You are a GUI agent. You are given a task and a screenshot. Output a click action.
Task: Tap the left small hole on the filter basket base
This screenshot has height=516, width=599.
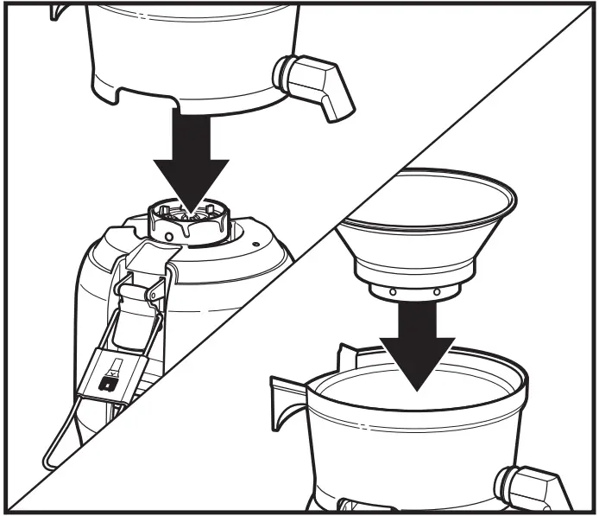point(394,291)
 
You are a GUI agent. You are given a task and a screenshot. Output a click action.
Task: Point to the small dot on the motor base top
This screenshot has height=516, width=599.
point(256,245)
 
